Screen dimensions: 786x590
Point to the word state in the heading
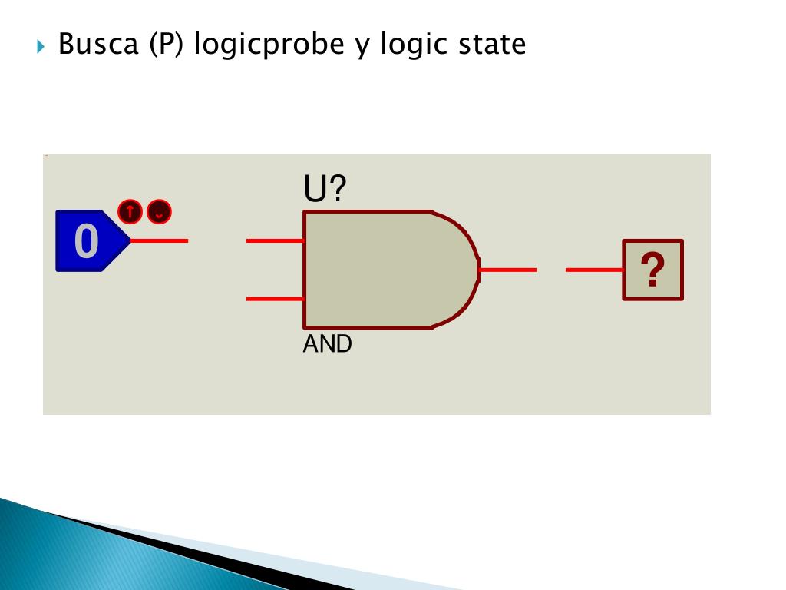(492, 44)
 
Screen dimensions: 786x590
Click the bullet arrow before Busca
(41, 45)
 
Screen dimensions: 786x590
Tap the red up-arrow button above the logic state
(130, 211)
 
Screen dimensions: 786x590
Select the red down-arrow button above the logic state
(159, 211)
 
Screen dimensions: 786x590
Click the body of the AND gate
(384, 269)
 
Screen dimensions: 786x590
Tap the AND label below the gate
(328, 344)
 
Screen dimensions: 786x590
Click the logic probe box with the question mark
(652, 270)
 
